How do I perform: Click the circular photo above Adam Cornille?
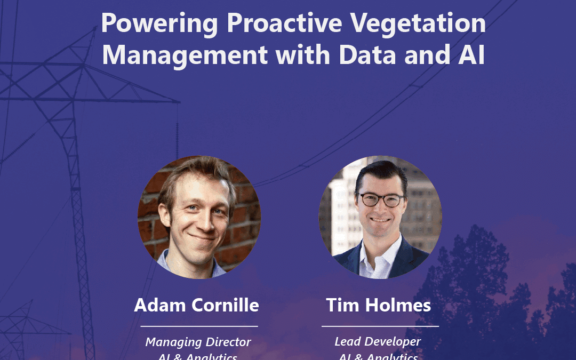click(199, 217)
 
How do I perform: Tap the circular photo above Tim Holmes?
click(380, 217)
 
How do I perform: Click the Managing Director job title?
click(198, 342)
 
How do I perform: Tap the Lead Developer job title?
click(378, 342)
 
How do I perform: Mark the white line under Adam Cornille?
click(199, 325)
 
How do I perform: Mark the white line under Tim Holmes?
click(380, 325)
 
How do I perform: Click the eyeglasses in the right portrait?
click(381, 200)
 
